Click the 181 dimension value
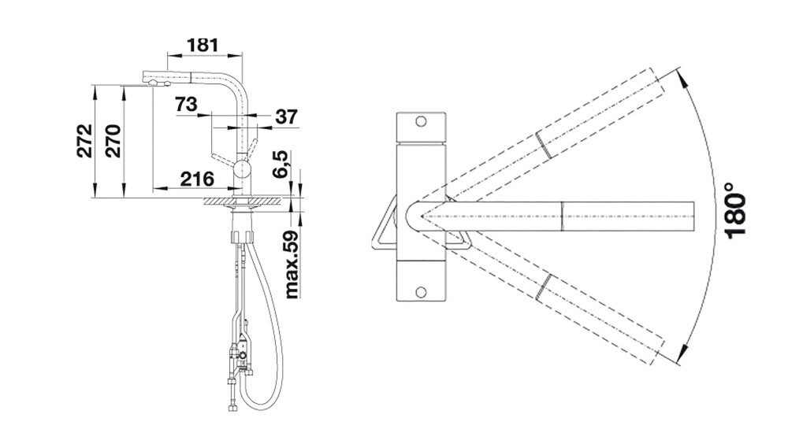click(x=203, y=45)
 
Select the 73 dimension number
click(x=186, y=105)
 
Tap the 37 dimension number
click(x=287, y=117)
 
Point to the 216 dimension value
click(x=197, y=179)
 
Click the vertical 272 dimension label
click(x=85, y=141)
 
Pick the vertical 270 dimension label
click(x=113, y=141)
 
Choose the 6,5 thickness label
click(x=281, y=164)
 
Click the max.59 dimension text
click(x=292, y=264)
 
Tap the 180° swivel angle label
click(x=735, y=209)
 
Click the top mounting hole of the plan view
click(x=421, y=121)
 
